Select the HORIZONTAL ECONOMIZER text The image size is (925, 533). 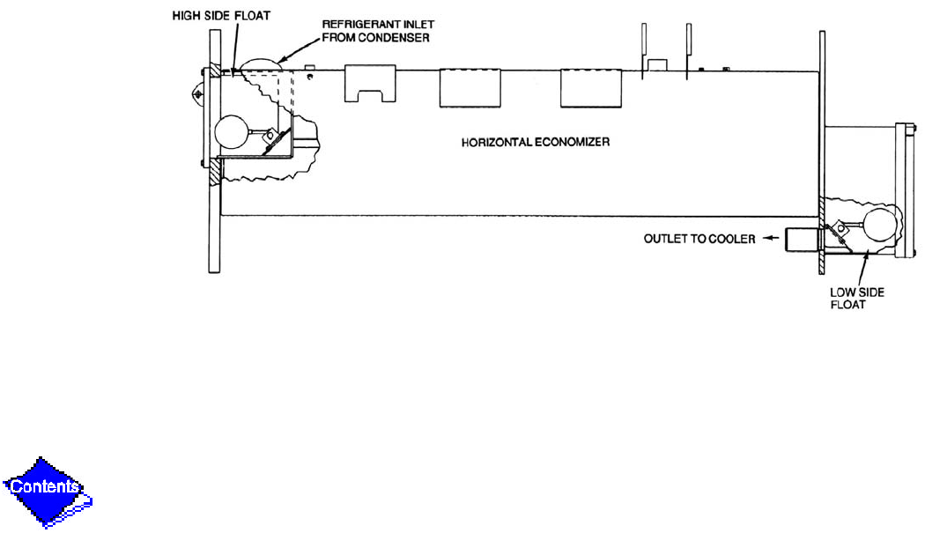coord(536,141)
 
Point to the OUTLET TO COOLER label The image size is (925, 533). coord(698,239)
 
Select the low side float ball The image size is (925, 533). coord(878,226)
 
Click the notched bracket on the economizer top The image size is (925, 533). coord(370,84)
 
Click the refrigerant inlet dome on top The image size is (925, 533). coord(261,66)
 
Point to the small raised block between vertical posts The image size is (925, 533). coord(656,64)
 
